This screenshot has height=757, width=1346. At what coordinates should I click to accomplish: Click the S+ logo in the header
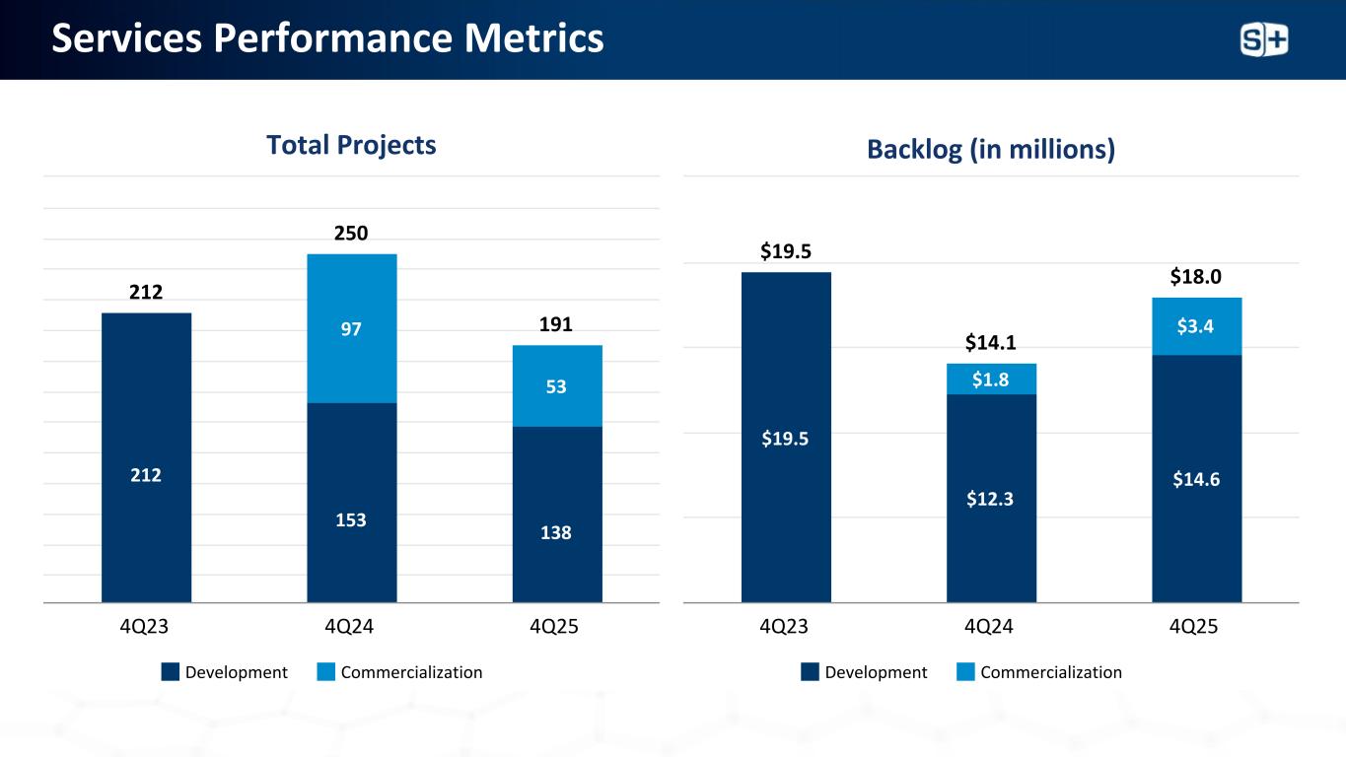pos(1264,40)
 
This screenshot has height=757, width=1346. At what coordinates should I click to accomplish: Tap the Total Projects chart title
pos(351,145)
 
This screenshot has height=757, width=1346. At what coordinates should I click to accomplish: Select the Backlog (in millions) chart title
pos(991,149)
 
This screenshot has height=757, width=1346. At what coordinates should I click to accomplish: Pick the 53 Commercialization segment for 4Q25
pos(557,386)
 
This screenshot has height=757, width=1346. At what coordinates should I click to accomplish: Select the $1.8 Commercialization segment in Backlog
pos(991,379)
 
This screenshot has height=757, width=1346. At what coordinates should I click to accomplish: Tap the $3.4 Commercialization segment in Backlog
pos(1196,326)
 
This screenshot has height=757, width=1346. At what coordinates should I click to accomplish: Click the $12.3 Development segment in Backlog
pos(991,499)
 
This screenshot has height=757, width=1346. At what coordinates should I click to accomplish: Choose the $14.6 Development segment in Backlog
pos(1196,479)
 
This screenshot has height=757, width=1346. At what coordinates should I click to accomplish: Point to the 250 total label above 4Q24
pos(351,234)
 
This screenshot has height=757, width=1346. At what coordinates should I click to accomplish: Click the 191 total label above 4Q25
pos(556,324)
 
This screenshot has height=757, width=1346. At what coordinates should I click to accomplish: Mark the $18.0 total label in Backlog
pos(1196,277)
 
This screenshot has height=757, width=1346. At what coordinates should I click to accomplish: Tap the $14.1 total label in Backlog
pos(991,343)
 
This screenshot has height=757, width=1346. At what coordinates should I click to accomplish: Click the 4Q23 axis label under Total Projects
pos(146,627)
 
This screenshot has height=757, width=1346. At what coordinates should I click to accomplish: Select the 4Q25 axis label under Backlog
pos(1196,627)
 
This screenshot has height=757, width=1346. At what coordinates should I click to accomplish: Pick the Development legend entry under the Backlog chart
pos(864,672)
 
